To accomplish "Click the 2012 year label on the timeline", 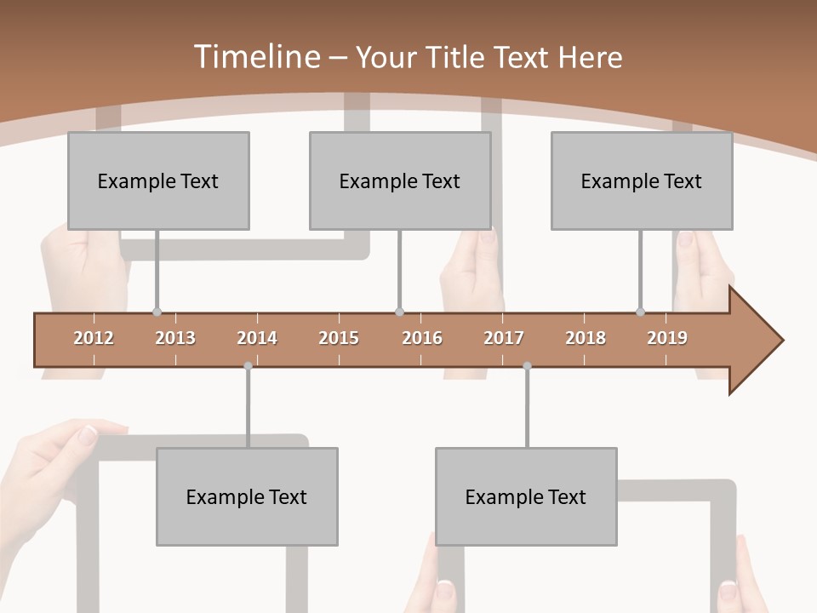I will coord(94,338).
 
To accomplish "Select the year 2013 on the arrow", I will coord(175,338).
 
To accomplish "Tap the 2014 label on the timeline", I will coord(257,338).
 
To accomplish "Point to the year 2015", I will coord(339,338).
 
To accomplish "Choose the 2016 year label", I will coord(422,338).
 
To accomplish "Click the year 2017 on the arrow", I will coord(504,338).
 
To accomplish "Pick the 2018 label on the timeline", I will coord(586,338).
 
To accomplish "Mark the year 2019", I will coord(667,338).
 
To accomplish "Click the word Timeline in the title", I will coord(255,57).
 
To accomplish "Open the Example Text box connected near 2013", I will coord(158,180).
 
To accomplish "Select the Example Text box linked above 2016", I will coord(400,180).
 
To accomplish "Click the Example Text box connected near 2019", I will coord(642,180).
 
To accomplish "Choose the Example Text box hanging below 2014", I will coord(247,496).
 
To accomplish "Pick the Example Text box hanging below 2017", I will coord(526,496).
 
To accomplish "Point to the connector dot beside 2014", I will coord(248,366).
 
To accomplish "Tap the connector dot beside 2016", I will coord(399,312).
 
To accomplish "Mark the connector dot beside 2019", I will coord(640,312).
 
